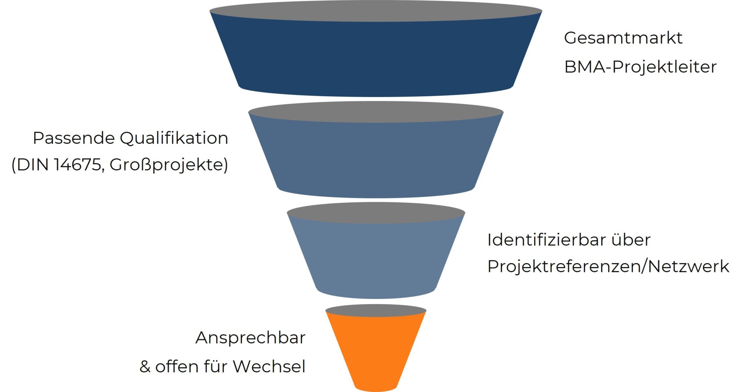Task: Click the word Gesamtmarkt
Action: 623,38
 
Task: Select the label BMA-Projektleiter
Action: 640,67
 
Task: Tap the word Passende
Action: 74,138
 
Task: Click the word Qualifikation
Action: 174,138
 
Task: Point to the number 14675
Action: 77,165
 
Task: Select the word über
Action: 631,240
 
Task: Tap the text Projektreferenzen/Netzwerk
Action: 608,266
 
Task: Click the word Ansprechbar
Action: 250,338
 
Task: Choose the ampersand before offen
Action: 145,367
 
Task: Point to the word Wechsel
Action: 269,367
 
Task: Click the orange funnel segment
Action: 376,350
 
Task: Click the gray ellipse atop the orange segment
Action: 376,310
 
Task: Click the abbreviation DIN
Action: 33,165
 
